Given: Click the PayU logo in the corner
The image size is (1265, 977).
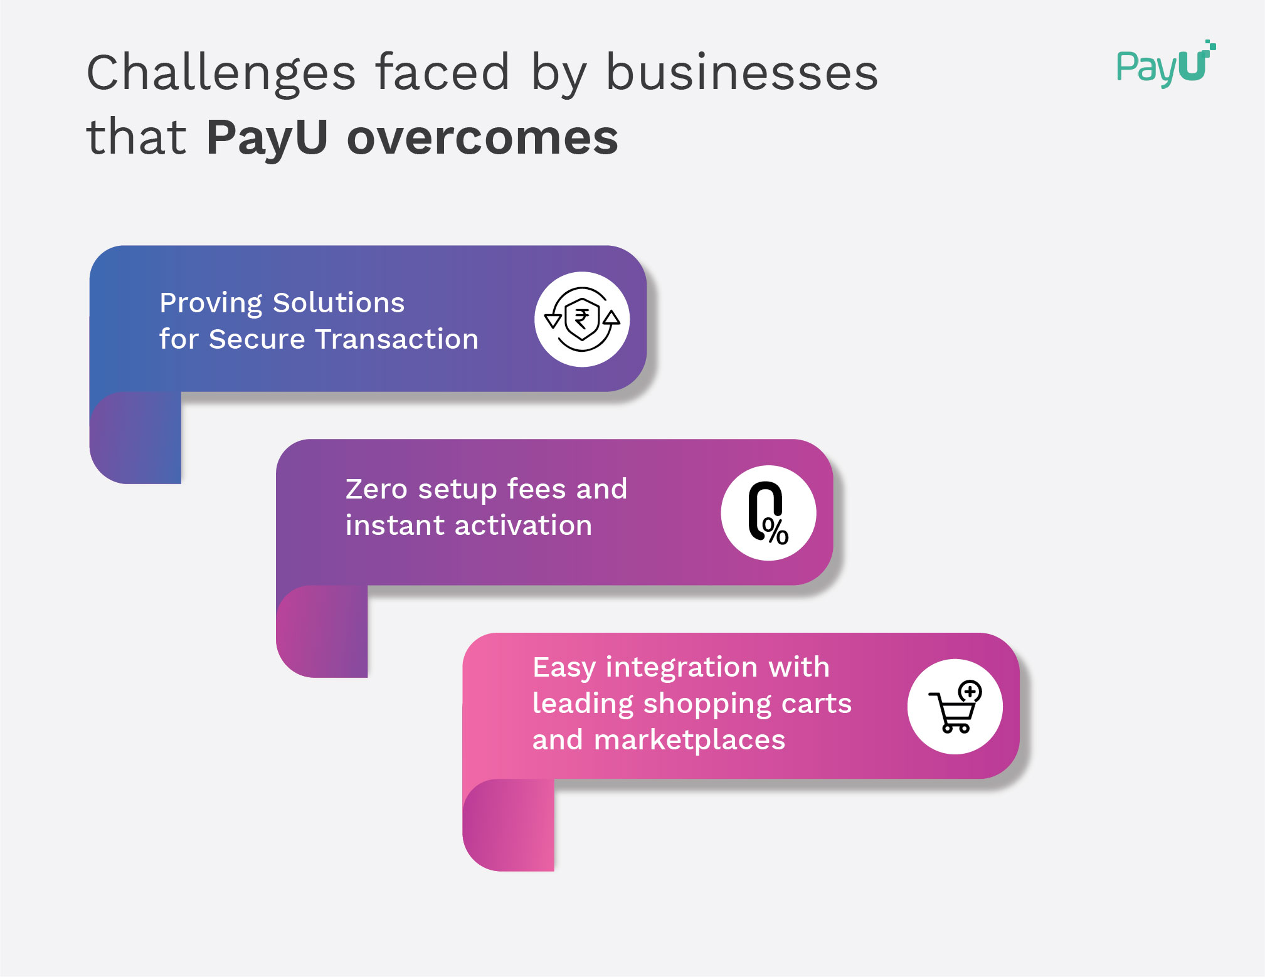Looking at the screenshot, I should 1165,65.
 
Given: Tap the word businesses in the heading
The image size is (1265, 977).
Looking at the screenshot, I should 741,73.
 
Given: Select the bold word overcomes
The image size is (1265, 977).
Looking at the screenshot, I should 482,138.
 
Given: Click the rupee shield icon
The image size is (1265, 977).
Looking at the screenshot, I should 582,319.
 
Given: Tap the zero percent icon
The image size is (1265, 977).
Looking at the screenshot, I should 768,513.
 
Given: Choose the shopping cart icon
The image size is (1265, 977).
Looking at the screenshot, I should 955,707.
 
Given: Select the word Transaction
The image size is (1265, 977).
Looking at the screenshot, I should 397,339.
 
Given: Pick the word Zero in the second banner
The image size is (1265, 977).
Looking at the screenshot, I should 376,489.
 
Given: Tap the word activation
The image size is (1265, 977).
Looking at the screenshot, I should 523,525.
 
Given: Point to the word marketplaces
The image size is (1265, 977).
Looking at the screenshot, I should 689,741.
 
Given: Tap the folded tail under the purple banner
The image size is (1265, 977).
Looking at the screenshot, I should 322,631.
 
